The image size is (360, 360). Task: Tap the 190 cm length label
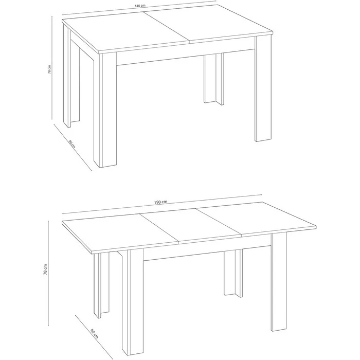click(x=160, y=202)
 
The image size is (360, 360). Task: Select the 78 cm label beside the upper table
click(x=49, y=69)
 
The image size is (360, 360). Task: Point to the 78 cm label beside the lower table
click(x=45, y=269)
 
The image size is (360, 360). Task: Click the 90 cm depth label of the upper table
click(x=72, y=143)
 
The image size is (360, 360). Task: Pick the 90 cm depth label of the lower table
click(x=94, y=334)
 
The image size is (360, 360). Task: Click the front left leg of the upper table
click(x=105, y=110)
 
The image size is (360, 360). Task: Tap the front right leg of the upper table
click(x=263, y=88)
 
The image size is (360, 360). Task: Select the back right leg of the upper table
click(x=214, y=79)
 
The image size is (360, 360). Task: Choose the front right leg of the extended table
click(x=279, y=282)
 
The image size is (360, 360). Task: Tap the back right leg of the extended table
click(x=233, y=273)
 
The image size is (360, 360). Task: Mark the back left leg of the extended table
click(x=101, y=285)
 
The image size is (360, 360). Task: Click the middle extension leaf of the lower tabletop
click(x=191, y=226)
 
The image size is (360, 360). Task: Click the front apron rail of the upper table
click(x=186, y=57)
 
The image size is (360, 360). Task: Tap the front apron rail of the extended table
click(x=207, y=253)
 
